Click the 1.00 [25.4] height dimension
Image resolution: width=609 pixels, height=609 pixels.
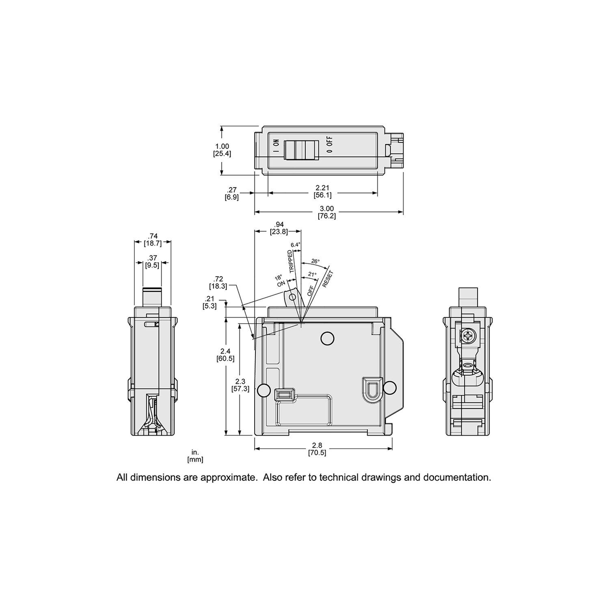pos(222,150)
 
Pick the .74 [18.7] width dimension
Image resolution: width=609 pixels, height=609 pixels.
pos(153,240)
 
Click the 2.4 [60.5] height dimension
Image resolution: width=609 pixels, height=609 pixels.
pos(225,354)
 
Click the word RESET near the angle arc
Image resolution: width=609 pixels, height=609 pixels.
pos(327,279)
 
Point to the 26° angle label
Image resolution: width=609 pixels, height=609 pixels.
pos(315,261)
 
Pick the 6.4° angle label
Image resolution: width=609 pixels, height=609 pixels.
pos(295,245)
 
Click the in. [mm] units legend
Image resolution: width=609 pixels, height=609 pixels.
pos(195,456)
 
